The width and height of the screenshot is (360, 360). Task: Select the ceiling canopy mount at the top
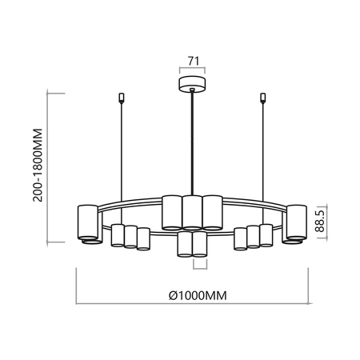tap(190, 84)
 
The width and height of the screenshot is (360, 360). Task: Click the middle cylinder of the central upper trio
tap(191, 212)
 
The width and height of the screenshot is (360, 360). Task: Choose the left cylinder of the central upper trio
tap(171, 210)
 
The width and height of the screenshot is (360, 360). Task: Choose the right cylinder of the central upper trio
tap(212, 210)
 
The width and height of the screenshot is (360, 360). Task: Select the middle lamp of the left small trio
tap(130, 237)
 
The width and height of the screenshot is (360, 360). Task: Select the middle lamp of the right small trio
tap(254, 237)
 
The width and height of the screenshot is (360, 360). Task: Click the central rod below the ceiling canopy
tap(191, 144)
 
